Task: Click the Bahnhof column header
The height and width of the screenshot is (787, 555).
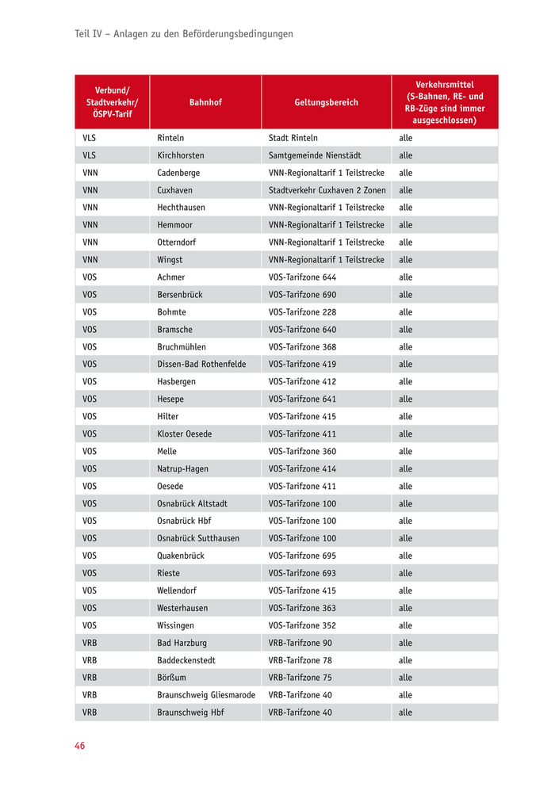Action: [x=205, y=102]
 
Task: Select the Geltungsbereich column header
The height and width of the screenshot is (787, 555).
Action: [x=326, y=102]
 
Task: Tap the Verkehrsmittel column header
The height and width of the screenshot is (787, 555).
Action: [x=444, y=102]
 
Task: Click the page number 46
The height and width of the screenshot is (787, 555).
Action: [x=80, y=746]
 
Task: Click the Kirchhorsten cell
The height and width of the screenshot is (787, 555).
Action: [x=181, y=155]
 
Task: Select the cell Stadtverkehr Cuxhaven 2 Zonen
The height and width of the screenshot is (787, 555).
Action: [x=327, y=190]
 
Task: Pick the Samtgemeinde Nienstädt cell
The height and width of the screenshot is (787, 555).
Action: [x=315, y=155]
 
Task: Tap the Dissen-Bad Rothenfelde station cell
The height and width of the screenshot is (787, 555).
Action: [x=201, y=365]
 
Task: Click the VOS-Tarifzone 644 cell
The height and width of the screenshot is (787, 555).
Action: [x=302, y=277]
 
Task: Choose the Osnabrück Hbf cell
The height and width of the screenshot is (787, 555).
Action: [x=184, y=521]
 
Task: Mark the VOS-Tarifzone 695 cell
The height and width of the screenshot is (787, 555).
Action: [x=302, y=556]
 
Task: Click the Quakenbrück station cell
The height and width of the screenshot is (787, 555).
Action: [x=181, y=556]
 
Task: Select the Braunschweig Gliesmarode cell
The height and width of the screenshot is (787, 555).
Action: [x=206, y=695]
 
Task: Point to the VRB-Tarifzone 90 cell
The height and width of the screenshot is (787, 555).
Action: [x=300, y=643]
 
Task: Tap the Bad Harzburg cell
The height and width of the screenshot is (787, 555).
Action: [x=182, y=643]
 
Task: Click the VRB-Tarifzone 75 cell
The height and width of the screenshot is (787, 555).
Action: [x=300, y=678]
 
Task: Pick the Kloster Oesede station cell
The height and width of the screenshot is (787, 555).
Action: [x=185, y=434]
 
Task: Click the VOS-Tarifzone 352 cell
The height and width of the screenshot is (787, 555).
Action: [x=302, y=625]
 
